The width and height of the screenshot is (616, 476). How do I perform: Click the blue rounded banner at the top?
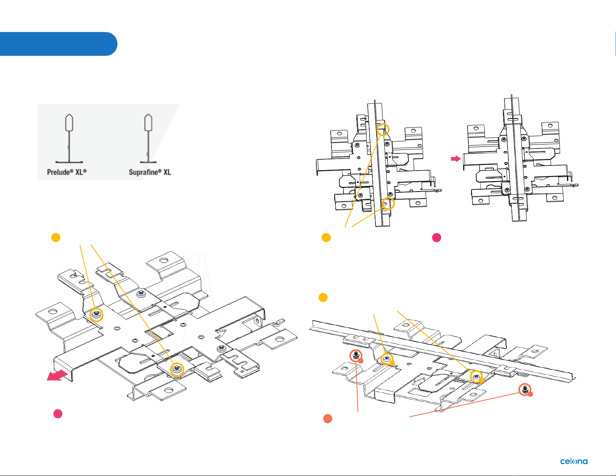58,44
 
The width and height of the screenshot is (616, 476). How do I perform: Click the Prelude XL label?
67,172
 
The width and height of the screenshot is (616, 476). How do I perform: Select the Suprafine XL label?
150,172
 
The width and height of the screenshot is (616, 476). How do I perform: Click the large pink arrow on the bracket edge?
57,375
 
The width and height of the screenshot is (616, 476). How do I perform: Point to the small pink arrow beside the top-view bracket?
455,159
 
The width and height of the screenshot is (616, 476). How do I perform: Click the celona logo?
574,461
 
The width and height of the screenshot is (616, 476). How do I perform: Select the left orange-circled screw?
356,355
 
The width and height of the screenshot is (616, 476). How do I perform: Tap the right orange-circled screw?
525,389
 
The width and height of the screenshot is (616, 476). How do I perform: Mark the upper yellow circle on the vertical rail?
383,129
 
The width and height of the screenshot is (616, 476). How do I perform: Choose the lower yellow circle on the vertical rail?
388,203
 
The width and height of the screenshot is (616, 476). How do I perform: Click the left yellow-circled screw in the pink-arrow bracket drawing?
96,314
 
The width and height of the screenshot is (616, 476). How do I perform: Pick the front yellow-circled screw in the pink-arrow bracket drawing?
177,369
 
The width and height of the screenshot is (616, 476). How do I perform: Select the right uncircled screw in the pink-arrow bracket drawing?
221,348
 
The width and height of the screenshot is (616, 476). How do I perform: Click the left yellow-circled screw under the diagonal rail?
386,359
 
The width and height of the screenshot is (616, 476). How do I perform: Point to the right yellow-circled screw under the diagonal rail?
476,376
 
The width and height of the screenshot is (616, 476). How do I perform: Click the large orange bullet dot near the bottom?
328,418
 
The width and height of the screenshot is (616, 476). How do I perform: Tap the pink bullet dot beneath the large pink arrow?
58,414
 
